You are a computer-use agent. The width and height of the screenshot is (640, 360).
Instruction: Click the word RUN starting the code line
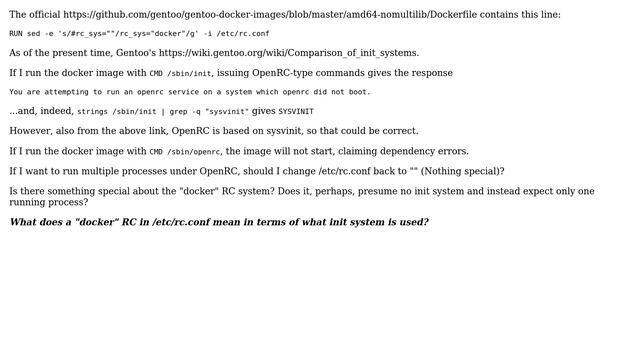pyautogui.click(x=16, y=33)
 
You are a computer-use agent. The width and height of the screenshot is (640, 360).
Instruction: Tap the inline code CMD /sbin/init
pyautogui.click(x=180, y=73)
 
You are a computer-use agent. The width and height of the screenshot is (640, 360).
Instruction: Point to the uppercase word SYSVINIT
pyautogui.click(x=296, y=112)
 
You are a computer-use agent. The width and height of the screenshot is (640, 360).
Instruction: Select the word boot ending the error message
pyautogui.click(x=359, y=92)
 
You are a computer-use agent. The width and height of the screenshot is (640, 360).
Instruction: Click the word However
pyautogui.click(x=32, y=131)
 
